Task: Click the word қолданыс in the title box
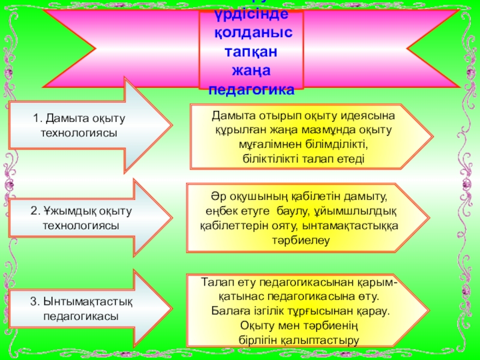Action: coord(251,34)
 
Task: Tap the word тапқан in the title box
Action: coord(251,53)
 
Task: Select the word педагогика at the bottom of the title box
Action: coord(251,90)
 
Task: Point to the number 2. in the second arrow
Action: coord(35,212)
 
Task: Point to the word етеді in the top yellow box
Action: coord(350,159)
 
